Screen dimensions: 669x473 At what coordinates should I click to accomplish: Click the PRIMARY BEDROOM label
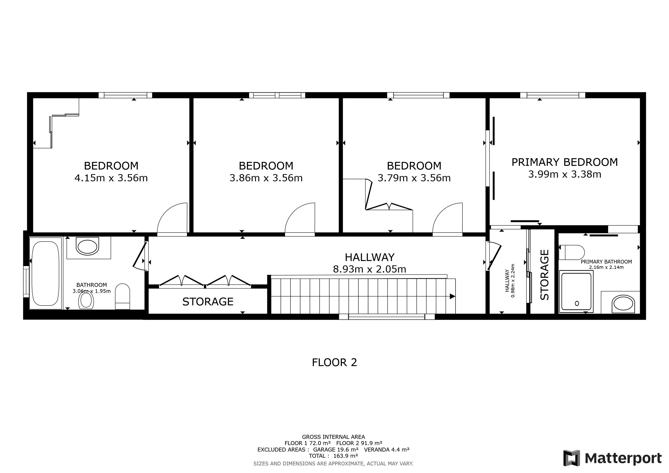565,162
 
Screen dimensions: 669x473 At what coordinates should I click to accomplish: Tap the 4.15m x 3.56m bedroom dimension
111,178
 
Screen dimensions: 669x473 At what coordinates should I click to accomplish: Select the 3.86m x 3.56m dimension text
266,178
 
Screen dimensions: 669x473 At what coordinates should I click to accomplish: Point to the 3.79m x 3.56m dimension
414,178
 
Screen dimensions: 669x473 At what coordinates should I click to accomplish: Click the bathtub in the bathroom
46,273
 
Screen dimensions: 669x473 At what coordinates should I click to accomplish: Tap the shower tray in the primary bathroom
576,291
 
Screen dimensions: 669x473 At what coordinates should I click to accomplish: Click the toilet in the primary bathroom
572,252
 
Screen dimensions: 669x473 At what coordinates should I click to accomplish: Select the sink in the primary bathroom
623,304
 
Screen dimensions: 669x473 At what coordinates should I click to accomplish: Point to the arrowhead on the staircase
453,297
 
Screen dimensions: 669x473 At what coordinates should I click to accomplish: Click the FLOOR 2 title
334,363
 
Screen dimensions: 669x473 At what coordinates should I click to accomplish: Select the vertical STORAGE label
544,275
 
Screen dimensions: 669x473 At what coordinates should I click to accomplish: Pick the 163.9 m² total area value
346,456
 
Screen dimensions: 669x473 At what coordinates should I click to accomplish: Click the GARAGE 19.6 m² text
336,450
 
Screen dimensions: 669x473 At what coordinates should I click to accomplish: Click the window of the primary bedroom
553,95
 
